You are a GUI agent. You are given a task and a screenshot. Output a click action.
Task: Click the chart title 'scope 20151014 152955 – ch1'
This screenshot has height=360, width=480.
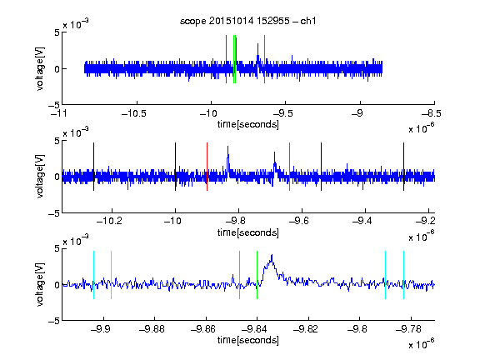tap(247, 21)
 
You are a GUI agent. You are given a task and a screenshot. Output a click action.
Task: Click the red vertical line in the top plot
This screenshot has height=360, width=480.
tap(226, 59)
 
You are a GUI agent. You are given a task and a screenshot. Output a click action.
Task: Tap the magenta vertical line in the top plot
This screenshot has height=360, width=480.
tap(264, 59)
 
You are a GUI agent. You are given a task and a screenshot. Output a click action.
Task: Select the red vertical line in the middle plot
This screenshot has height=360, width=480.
tap(207, 167)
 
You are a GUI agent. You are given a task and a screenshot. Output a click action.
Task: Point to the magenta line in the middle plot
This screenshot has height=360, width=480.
tap(290, 167)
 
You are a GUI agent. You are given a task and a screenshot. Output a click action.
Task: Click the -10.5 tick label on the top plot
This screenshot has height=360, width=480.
tap(134, 113)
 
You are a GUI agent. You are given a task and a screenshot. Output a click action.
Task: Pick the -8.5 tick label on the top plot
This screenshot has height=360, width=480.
tap(432, 113)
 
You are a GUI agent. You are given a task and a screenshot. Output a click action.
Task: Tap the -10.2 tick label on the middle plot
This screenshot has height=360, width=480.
tap(109, 220)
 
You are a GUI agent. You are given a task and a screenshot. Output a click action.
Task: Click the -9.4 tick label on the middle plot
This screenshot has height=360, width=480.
tap(362, 220)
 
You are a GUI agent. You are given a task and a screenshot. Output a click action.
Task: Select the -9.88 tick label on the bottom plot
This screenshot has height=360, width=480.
tap(152, 329)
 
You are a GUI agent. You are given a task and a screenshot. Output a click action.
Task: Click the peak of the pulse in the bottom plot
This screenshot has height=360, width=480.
tap(272, 255)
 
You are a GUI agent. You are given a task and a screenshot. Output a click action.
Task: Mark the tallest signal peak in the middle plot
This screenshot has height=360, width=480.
tap(227, 147)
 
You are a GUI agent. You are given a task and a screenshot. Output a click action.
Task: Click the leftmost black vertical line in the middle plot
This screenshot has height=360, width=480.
tap(93, 167)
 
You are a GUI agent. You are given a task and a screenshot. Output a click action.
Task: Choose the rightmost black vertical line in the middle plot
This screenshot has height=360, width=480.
tap(403, 167)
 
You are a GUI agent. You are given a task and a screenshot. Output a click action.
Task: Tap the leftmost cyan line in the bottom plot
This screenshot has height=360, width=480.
tap(93, 275)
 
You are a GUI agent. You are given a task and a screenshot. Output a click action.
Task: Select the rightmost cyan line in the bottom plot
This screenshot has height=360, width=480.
tap(403, 275)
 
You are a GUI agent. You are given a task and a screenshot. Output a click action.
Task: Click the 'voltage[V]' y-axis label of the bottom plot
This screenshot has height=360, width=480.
tap(40, 284)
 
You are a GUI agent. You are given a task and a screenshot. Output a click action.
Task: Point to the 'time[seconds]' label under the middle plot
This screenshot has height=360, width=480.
tap(248, 232)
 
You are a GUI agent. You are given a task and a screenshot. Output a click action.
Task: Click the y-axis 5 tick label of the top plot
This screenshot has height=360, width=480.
tap(57, 32)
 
